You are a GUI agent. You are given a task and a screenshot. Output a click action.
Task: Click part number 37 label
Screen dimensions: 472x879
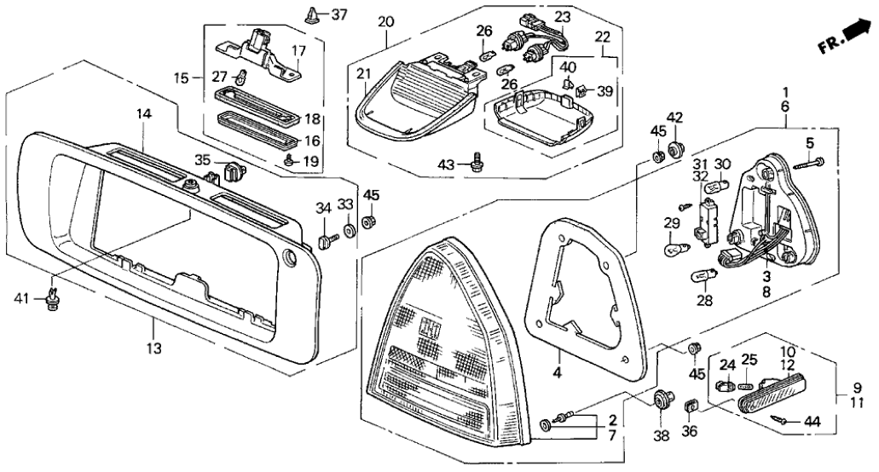(339, 14)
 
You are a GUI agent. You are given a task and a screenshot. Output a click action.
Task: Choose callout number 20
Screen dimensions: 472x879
(385, 20)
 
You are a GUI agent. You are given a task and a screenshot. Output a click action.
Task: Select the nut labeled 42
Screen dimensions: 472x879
(677, 151)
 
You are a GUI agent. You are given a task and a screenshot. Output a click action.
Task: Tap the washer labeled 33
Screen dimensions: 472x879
(350, 229)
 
